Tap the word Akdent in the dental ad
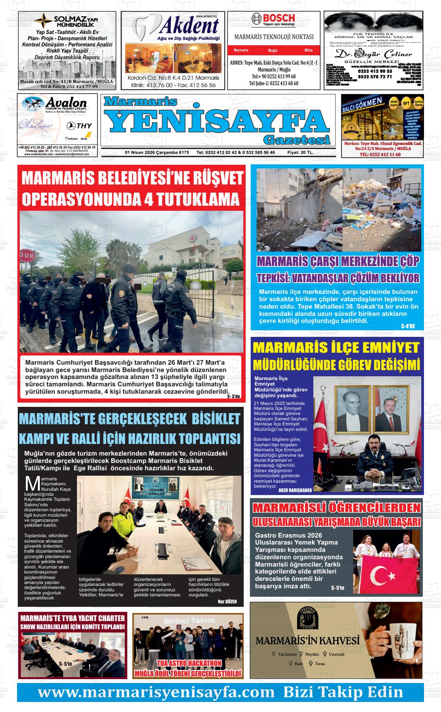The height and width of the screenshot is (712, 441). point(189,26)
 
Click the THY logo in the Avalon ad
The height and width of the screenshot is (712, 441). point(79,126)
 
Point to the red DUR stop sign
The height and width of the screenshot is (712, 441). point(27,256)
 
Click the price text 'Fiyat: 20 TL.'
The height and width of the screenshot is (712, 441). point(300,152)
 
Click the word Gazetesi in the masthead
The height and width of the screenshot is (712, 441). point(296,139)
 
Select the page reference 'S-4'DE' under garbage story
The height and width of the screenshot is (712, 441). point(408,326)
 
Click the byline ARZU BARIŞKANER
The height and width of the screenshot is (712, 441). point(295,490)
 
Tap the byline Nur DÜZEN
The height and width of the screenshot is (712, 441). point(227,601)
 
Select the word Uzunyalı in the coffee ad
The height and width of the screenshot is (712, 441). point(336,654)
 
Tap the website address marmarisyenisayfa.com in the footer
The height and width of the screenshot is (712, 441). point(159,692)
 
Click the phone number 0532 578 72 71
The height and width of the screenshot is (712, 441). point(375,77)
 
